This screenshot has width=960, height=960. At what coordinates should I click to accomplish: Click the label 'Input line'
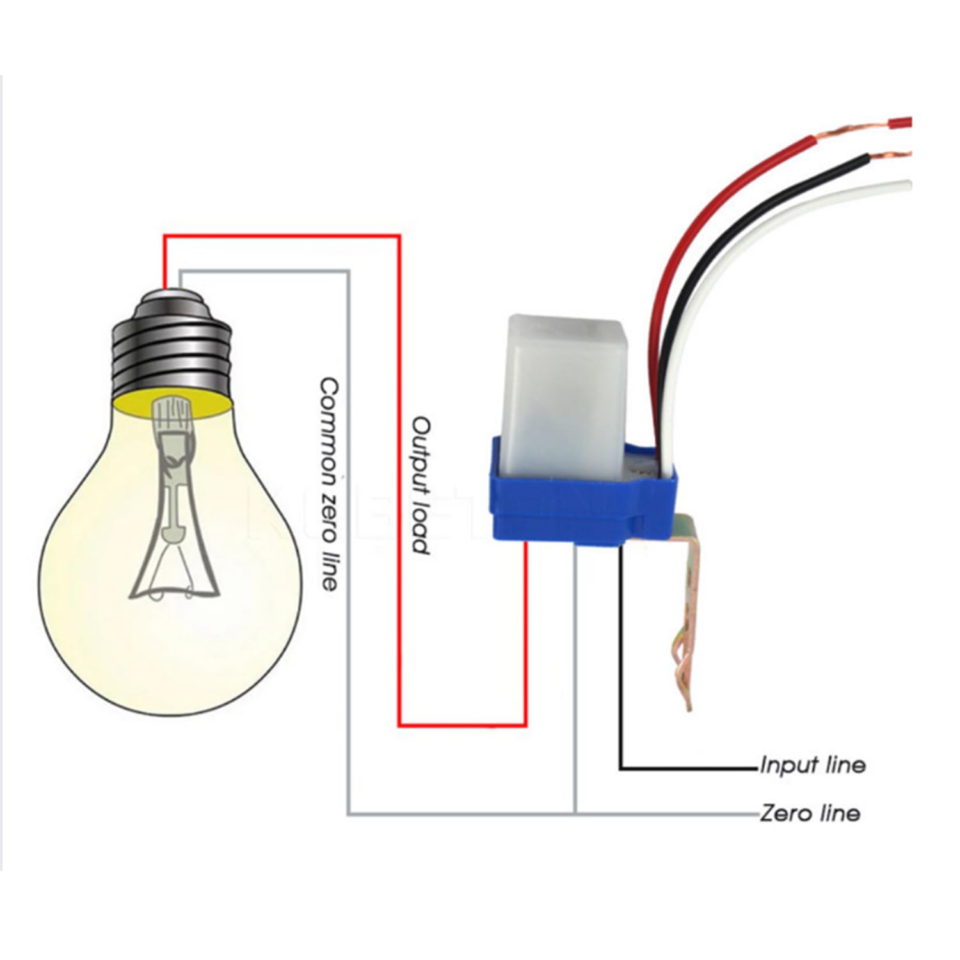coord(812,765)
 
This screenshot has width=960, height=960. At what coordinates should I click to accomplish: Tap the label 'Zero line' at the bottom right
coord(810,813)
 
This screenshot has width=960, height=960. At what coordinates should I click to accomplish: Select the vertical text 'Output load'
coord(420,485)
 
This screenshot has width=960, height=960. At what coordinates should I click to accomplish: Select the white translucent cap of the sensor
coord(563,384)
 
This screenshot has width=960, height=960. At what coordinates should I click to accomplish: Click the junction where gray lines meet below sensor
coord(576,814)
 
